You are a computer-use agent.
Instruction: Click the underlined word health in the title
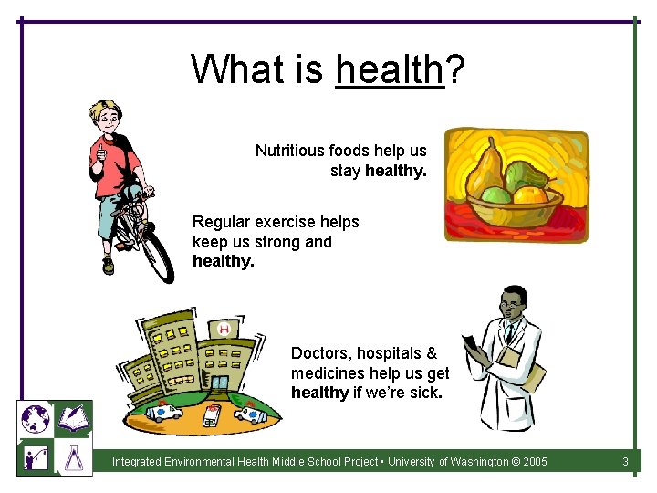pos(390,68)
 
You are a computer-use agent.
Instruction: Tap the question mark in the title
pos(454,68)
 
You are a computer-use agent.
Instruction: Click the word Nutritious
pos(296,151)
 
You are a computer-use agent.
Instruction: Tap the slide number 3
pos(625,462)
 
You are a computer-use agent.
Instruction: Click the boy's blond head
pos(103,117)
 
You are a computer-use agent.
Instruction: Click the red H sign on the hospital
pos(223,329)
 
